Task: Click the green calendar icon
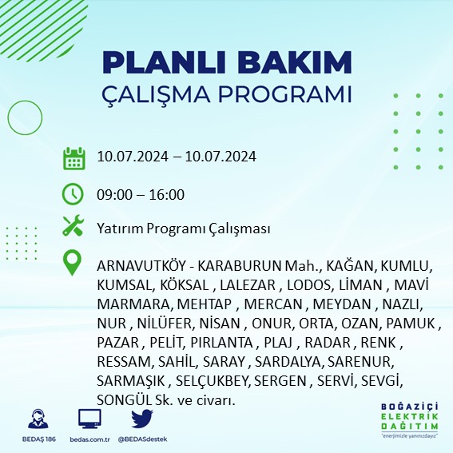(74, 157)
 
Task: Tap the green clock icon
(74, 194)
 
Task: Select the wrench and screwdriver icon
(74, 227)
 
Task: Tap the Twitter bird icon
(141, 419)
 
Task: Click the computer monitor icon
(89, 419)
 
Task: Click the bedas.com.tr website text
(89, 439)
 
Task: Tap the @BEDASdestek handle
(142, 439)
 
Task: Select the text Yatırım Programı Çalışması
(183, 228)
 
